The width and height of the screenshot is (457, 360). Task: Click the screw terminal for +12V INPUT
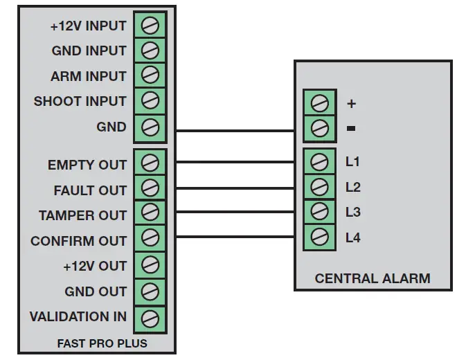tap(150, 25)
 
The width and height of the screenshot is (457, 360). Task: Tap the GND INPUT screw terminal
tap(150, 50)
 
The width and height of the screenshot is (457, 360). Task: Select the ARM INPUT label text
tap(89, 76)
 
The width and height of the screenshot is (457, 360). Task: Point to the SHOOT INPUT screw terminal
tap(150, 100)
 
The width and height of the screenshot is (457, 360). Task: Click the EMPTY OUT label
tap(87, 165)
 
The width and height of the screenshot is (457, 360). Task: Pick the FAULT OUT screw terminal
tap(150, 188)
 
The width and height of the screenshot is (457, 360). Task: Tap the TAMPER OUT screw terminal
tap(150, 212)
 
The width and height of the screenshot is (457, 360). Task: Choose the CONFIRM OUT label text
tap(78, 241)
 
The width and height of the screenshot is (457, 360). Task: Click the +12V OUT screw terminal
tap(150, 264)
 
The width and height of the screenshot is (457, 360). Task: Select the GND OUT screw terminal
tap(150, 291)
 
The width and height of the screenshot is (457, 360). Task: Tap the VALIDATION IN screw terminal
tap(150, 318)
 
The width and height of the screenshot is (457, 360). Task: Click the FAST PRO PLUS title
tap(102, 343)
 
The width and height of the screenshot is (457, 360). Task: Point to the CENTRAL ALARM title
tap(373, 278)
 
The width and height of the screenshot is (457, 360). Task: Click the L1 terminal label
tap(352, 161)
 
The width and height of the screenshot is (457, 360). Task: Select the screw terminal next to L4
tap(320, 237)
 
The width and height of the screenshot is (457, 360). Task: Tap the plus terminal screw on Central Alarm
tap(320, 103)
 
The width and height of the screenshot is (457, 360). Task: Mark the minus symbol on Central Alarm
tap(351, 128)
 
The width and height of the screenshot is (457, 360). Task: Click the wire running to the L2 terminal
tap(235, 188)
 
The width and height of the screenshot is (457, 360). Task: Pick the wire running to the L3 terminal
tap(235, 212)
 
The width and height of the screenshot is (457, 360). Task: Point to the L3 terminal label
tap(353, 213)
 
